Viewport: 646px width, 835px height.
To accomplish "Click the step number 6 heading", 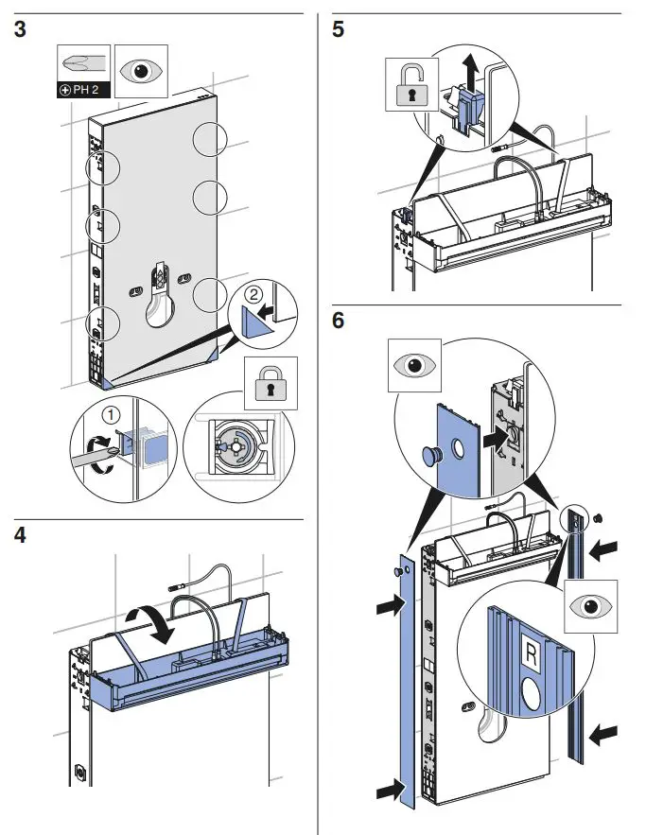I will coord(339,322).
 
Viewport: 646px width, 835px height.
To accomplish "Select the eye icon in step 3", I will coord(140,71).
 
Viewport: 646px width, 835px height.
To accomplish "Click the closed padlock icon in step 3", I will coord(270,384).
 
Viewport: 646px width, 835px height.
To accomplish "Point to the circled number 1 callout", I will coord(112,413).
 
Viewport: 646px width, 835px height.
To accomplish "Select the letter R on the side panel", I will coord(530,652).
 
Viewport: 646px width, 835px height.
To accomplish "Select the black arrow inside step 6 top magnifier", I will coord(492,439).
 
